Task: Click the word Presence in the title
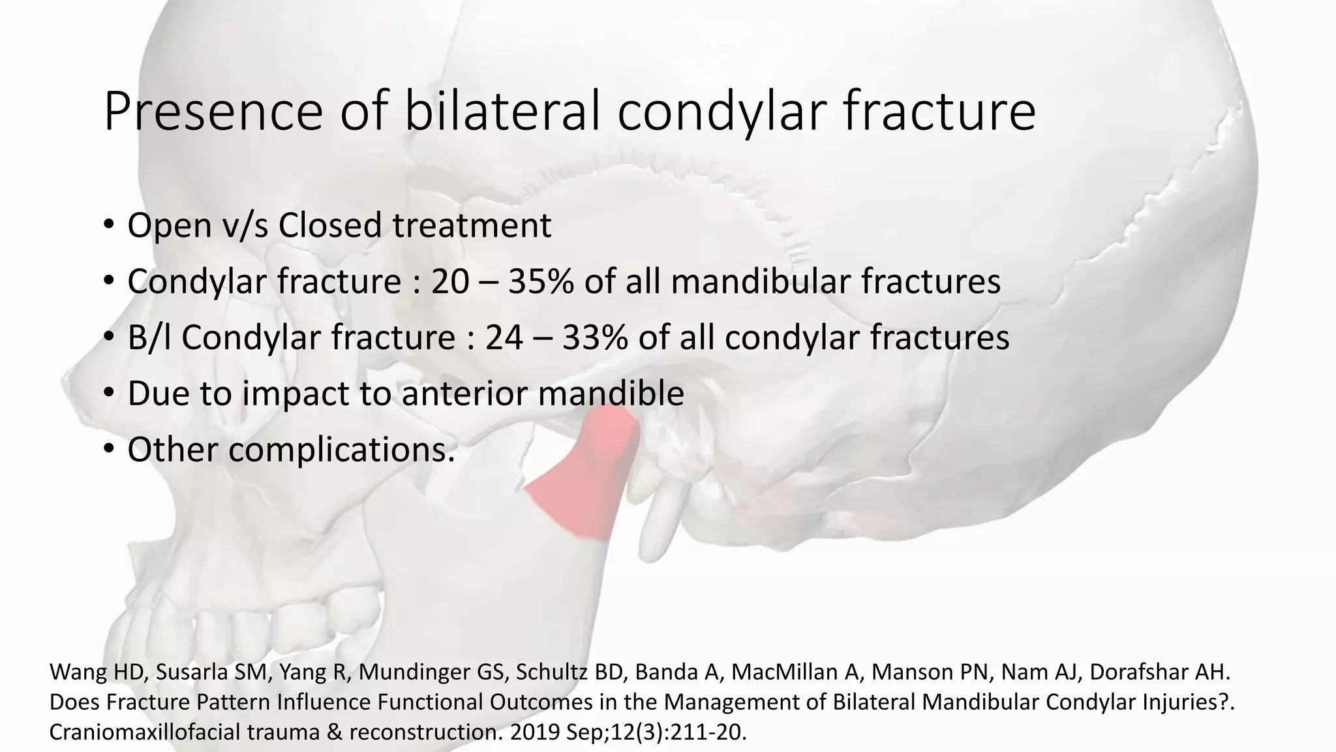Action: (213, 112)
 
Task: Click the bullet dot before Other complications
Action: (108, 449)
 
